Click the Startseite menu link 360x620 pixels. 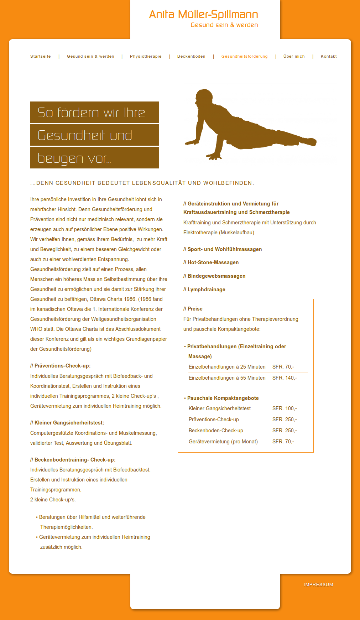pos(41,56)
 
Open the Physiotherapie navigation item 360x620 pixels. pos(146,56)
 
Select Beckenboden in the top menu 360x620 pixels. pos(191,56)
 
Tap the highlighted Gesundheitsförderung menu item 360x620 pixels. pos(244,56)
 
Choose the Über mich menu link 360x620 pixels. pos(294,56)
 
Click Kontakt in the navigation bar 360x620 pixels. pos(328,56)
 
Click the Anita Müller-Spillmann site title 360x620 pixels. pos(203,15)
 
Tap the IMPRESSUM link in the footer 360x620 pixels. pos(318,585)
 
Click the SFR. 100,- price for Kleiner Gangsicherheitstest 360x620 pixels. pos(285,408)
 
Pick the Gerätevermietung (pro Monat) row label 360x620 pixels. pos(223,442)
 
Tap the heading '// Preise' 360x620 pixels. pos(193,309)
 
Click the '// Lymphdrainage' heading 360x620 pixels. pos(204,290)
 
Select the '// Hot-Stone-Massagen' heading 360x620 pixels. pos(211,262)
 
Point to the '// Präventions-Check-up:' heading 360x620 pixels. pos(61,366)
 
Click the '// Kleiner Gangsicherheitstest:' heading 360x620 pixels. pos(67,423)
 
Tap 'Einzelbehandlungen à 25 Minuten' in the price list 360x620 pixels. pos(227,367)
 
